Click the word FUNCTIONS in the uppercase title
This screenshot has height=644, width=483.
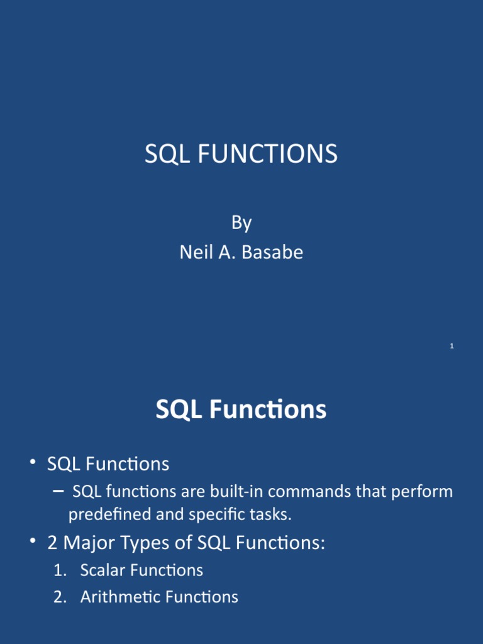tap(267, 154)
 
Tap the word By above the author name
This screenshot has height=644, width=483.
tap(241, 223)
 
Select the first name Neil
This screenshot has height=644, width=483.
tap(194, 252)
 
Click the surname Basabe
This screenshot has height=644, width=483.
tap(274, 252)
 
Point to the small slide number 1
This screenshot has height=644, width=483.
tap(452, 347)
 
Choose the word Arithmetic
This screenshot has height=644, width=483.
tap(119, 597)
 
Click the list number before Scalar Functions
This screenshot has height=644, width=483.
tap(60, 570)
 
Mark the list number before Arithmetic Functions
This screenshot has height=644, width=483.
tap(60, 597)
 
